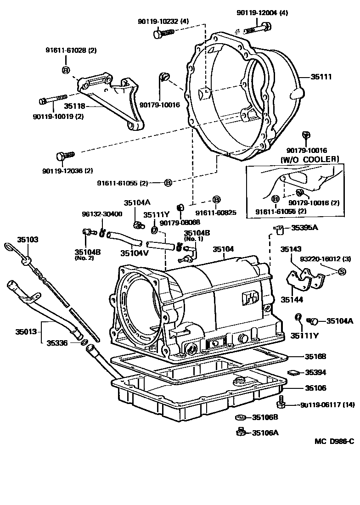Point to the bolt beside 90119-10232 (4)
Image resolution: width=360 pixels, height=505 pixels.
click(163, 33)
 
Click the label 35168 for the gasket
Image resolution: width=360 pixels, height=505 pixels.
click(315, 356)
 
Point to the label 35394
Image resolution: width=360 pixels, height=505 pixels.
click(315, 372)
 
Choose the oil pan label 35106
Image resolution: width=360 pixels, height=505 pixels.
click(315, 388)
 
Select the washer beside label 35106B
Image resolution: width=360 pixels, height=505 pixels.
click(239, 417)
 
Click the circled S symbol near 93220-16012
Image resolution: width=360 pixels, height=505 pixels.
click(341, 272)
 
